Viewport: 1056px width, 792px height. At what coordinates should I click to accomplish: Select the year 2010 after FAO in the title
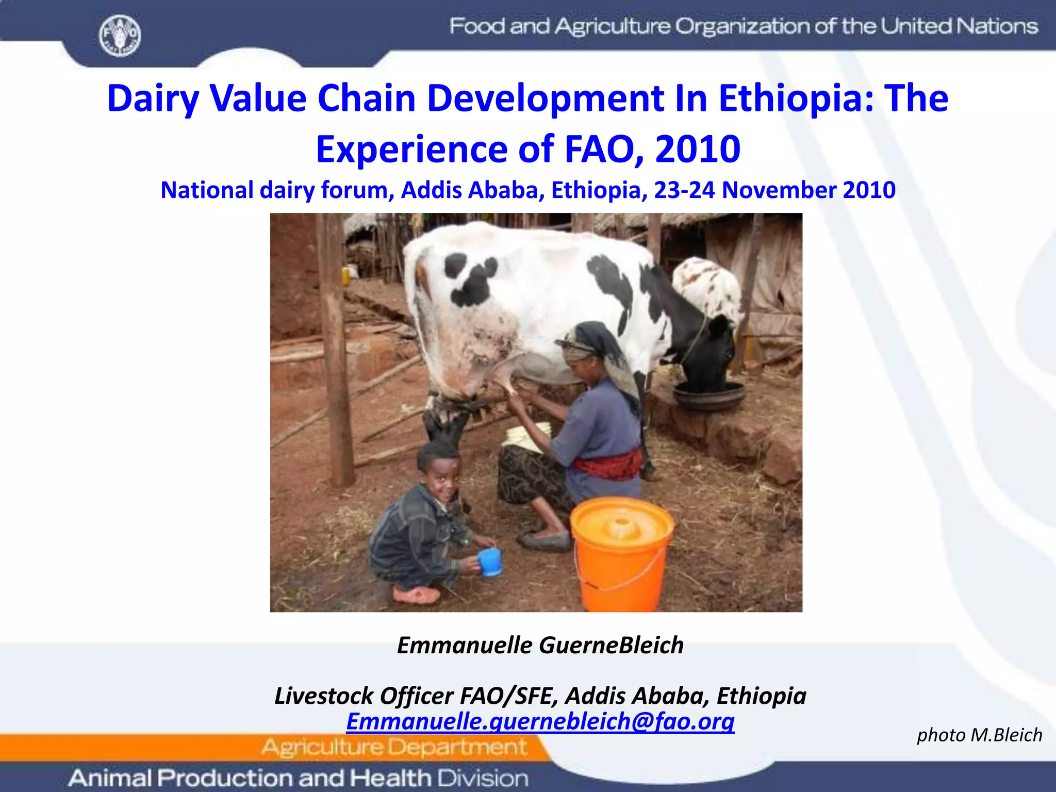click(698, 149)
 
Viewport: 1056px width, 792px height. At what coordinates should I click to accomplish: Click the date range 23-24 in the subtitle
click(684, 190)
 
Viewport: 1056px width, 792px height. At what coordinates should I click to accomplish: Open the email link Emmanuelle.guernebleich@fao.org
click(540, 721)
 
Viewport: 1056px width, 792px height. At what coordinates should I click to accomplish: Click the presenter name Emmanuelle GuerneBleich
click(540, 645)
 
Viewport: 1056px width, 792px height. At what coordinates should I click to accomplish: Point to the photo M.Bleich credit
click(979, 735)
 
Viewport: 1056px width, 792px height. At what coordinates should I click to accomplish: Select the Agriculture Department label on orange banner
click(394, 747)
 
